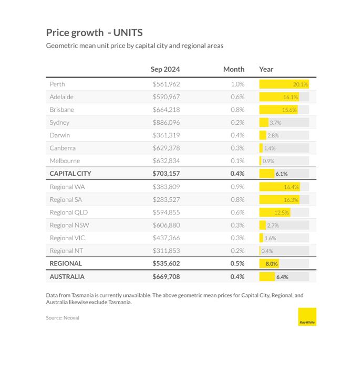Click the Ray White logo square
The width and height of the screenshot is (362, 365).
(307, 317)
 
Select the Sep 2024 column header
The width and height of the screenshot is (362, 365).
(165, 69)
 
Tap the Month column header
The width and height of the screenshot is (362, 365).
(234, 69)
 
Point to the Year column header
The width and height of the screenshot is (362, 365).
(266, 69)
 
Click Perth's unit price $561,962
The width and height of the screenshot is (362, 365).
(167, 84)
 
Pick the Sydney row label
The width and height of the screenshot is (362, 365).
(59, 123)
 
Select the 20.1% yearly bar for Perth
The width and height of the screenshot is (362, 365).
(284, 84)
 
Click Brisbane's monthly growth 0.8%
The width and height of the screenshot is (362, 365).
(237, 110)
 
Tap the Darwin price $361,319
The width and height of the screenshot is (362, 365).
(167, 135)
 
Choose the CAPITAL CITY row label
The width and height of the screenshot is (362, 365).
(70, 174)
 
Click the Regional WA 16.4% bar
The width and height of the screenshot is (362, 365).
(280, 187)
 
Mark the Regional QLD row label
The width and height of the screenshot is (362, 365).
(69, 212)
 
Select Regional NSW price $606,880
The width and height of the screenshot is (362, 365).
(167, 225)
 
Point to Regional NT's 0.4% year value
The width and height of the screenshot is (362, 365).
(267, 251)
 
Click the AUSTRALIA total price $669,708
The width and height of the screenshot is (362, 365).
(167, 276)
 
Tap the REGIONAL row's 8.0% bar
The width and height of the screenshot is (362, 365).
(269, 263)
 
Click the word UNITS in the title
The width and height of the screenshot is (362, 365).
(128, 33)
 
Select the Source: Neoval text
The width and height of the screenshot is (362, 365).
(63, 318)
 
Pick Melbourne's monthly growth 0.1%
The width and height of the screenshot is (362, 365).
(237, 161)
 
